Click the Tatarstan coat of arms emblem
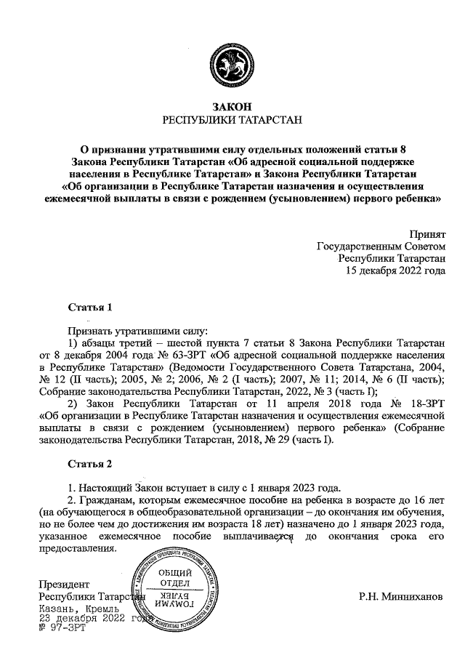232,63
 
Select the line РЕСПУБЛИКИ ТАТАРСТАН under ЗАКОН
232,121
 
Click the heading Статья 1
89,307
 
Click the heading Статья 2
89,463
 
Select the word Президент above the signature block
64,584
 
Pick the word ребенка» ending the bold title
417,197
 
